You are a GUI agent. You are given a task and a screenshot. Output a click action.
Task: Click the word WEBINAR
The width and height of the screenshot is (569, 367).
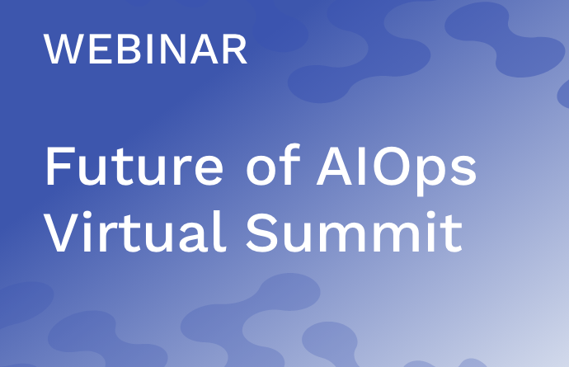click(145, 49)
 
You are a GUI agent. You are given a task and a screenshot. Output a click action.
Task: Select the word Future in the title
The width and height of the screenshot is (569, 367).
click(134, 166)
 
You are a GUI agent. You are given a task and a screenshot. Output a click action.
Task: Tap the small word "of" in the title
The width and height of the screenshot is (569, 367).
click(274, 164)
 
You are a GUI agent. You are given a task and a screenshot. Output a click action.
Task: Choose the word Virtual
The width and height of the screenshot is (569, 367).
click(134, 232)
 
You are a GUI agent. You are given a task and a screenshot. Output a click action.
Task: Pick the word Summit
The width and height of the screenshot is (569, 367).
click(354, 232)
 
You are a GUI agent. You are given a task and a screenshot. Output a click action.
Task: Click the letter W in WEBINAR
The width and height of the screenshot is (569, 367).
click(62, 49)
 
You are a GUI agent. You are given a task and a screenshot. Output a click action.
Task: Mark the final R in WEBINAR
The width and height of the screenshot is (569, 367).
click(236, 49)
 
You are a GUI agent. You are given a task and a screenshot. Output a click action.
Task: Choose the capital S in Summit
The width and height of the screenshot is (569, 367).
click(262, 232)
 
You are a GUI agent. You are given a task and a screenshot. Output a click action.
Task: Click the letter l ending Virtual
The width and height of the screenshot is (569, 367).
click(221, 231)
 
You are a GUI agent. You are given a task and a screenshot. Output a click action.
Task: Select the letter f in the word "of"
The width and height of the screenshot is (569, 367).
click(291, 164)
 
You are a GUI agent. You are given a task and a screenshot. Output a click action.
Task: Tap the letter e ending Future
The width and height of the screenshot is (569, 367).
click(209, 171)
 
